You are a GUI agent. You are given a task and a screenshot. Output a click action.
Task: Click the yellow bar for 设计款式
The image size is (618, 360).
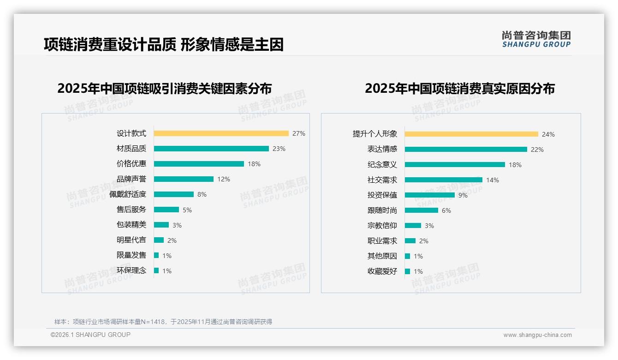tap(221, 133)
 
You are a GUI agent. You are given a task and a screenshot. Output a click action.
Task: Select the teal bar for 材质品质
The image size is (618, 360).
tap(211, 149)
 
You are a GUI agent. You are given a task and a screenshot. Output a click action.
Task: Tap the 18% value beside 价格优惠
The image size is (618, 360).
tap(254, 164)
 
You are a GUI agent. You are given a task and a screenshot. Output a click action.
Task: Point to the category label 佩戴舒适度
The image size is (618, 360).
tap(128, 194)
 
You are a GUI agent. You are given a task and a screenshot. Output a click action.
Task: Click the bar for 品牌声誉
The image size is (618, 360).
tap(184, 179)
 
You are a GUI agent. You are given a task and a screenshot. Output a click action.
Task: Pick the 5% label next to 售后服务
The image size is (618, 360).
tap(187, 210)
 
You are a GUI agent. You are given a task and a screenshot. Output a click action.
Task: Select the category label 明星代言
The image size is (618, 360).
tap(131, 240)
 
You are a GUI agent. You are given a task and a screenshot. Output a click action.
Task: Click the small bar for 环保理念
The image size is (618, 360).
tap(156, 270)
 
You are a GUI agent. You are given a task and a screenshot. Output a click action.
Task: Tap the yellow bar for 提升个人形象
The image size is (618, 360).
tap(471, 134)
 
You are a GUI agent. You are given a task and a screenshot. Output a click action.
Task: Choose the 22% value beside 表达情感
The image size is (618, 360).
tap(537, 150)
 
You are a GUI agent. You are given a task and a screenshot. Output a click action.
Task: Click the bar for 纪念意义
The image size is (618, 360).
tap(455, 165)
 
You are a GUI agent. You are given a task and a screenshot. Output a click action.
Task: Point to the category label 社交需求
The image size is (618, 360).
tap(382, 180)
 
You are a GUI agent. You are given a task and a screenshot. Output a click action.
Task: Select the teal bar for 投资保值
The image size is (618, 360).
tap(430, 195)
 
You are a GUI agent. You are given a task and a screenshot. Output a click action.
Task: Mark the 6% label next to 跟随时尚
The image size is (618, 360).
tap(446, 210)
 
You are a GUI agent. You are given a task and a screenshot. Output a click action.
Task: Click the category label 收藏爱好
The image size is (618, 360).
tap(382, 271)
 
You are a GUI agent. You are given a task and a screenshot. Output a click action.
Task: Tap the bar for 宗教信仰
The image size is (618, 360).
tap(413, 226)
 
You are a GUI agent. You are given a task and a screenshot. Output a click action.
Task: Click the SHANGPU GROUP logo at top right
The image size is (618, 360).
tap(536, 39)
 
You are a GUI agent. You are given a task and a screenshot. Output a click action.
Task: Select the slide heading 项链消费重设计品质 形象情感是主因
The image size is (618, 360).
tap(163, 44)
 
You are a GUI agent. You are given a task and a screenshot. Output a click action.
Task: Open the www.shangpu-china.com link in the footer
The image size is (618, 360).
tap(537, 335)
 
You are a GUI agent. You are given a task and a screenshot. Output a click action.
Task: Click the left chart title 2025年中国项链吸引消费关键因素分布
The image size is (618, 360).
tap(164, 88)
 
